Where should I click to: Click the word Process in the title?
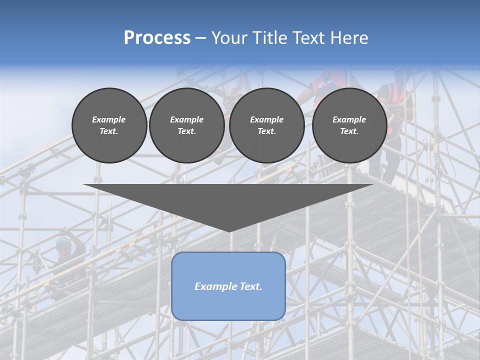pos(157,38)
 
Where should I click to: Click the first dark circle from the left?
pos(109,125)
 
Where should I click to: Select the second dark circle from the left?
pos(187,125)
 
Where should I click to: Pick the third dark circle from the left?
pos(267,125)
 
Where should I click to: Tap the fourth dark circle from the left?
pos(349,125)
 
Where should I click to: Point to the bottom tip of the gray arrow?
pos(229,231)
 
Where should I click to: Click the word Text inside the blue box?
pos(247,286)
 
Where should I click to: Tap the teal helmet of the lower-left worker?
pos(62,242)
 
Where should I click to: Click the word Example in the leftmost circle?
pos(109,119)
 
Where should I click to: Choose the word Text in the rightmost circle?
pos(349,131)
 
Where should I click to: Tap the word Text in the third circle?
pos(266,131)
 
